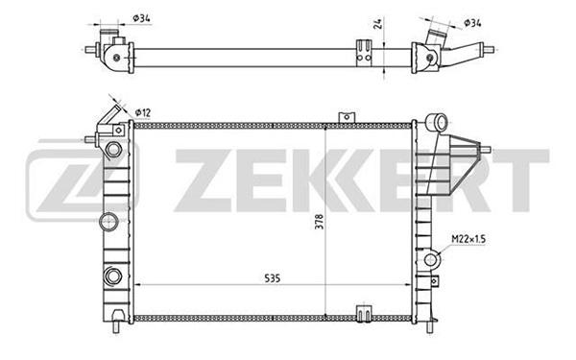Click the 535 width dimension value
click(x=273, y=278)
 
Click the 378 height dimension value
click(x=320, y=222)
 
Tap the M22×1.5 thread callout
click(x=468, y=239)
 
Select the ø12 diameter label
click(x=143, y=112)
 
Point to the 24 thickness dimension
click(x=378, y=23)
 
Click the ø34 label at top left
click(x=141, y=18)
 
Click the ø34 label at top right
click(x=472, y=23)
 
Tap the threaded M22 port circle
click(x=432, y=260)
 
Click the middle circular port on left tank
click(x=109, y=222)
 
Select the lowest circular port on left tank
click(x=112, y=276)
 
